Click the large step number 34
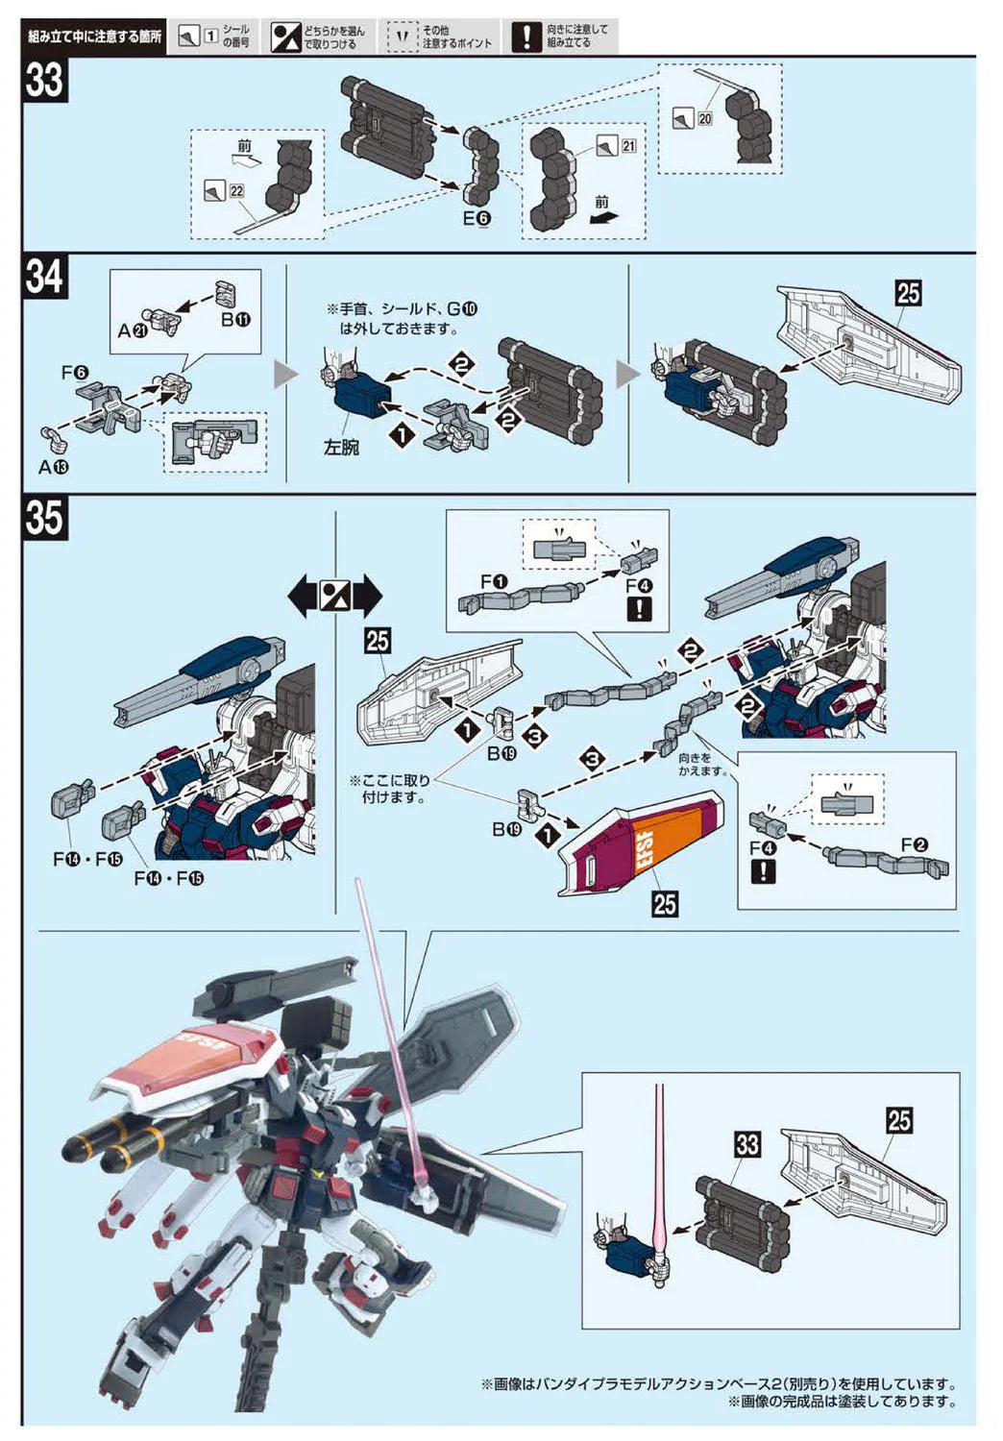(45, 278)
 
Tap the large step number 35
(45, 518)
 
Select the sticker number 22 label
(236, 190)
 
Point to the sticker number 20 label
(705, 118)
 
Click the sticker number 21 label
(628, 146)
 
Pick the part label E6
(477, 219)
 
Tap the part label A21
(132, 330)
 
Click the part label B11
(235, 320)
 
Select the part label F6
(75, 373)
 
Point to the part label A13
(54, 467)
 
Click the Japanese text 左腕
(341, 448)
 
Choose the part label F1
(494, 581)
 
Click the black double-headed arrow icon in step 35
(335, 597)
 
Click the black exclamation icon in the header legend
(526, 37)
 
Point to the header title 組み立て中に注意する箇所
(94, 37)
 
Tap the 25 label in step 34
(908, 292)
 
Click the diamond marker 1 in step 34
(403, 435)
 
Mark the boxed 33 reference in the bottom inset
(747, 1144)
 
